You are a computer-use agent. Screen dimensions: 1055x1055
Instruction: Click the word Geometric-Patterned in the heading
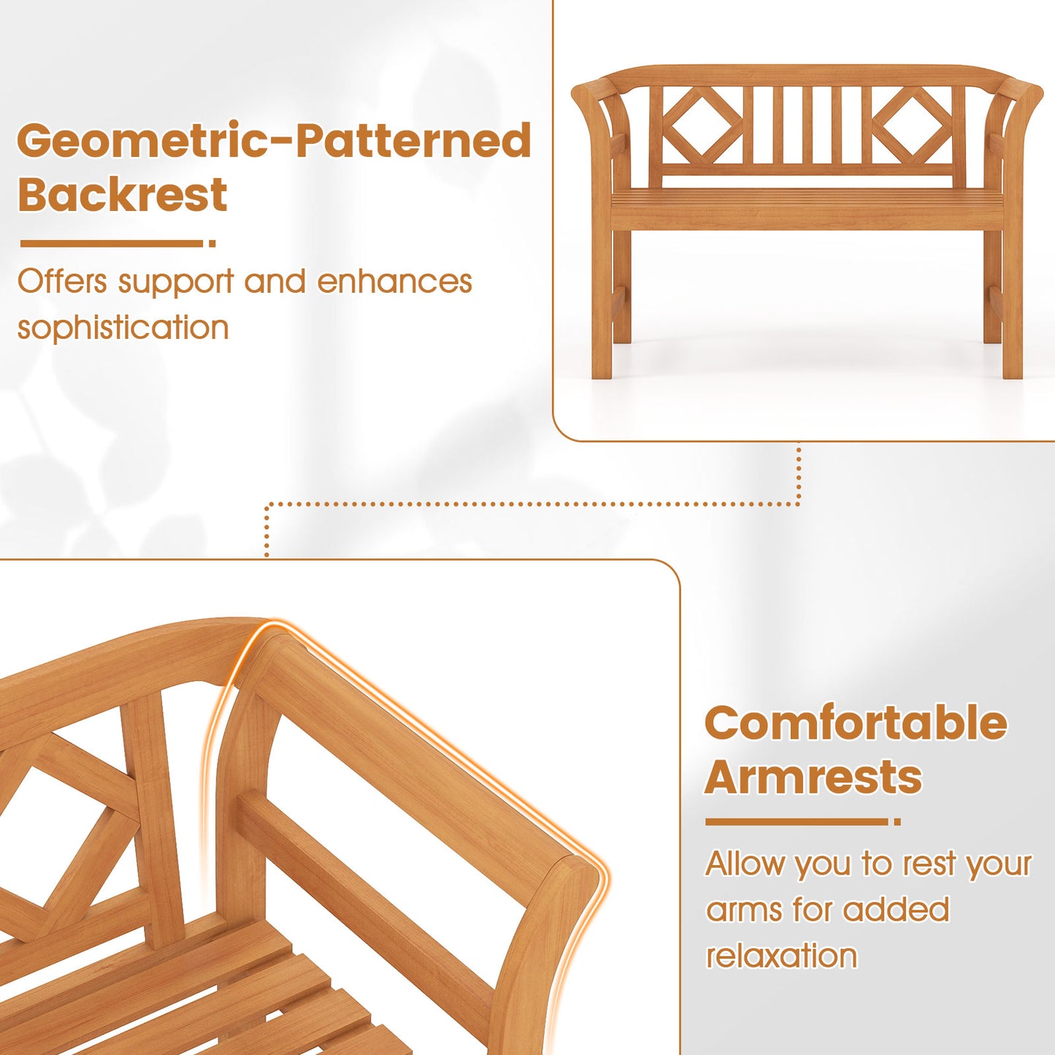[x=274, y=141]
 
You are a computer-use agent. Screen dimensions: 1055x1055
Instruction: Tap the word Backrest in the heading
[x=123, y=195]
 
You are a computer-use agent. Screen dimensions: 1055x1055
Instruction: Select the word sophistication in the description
[x=123, y=328]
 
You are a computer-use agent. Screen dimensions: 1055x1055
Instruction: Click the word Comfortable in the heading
[x=856, y=724]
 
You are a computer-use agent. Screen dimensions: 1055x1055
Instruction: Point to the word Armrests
[x=813, y=777]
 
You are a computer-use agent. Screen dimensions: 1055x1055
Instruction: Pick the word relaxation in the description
[x=780, y=956]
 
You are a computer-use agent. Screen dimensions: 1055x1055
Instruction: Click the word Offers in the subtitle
[x=62, y=282]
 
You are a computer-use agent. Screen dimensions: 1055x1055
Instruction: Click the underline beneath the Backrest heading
[x=113, y=244]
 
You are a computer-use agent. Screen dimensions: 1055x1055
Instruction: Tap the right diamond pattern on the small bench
[x=913, y=125]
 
